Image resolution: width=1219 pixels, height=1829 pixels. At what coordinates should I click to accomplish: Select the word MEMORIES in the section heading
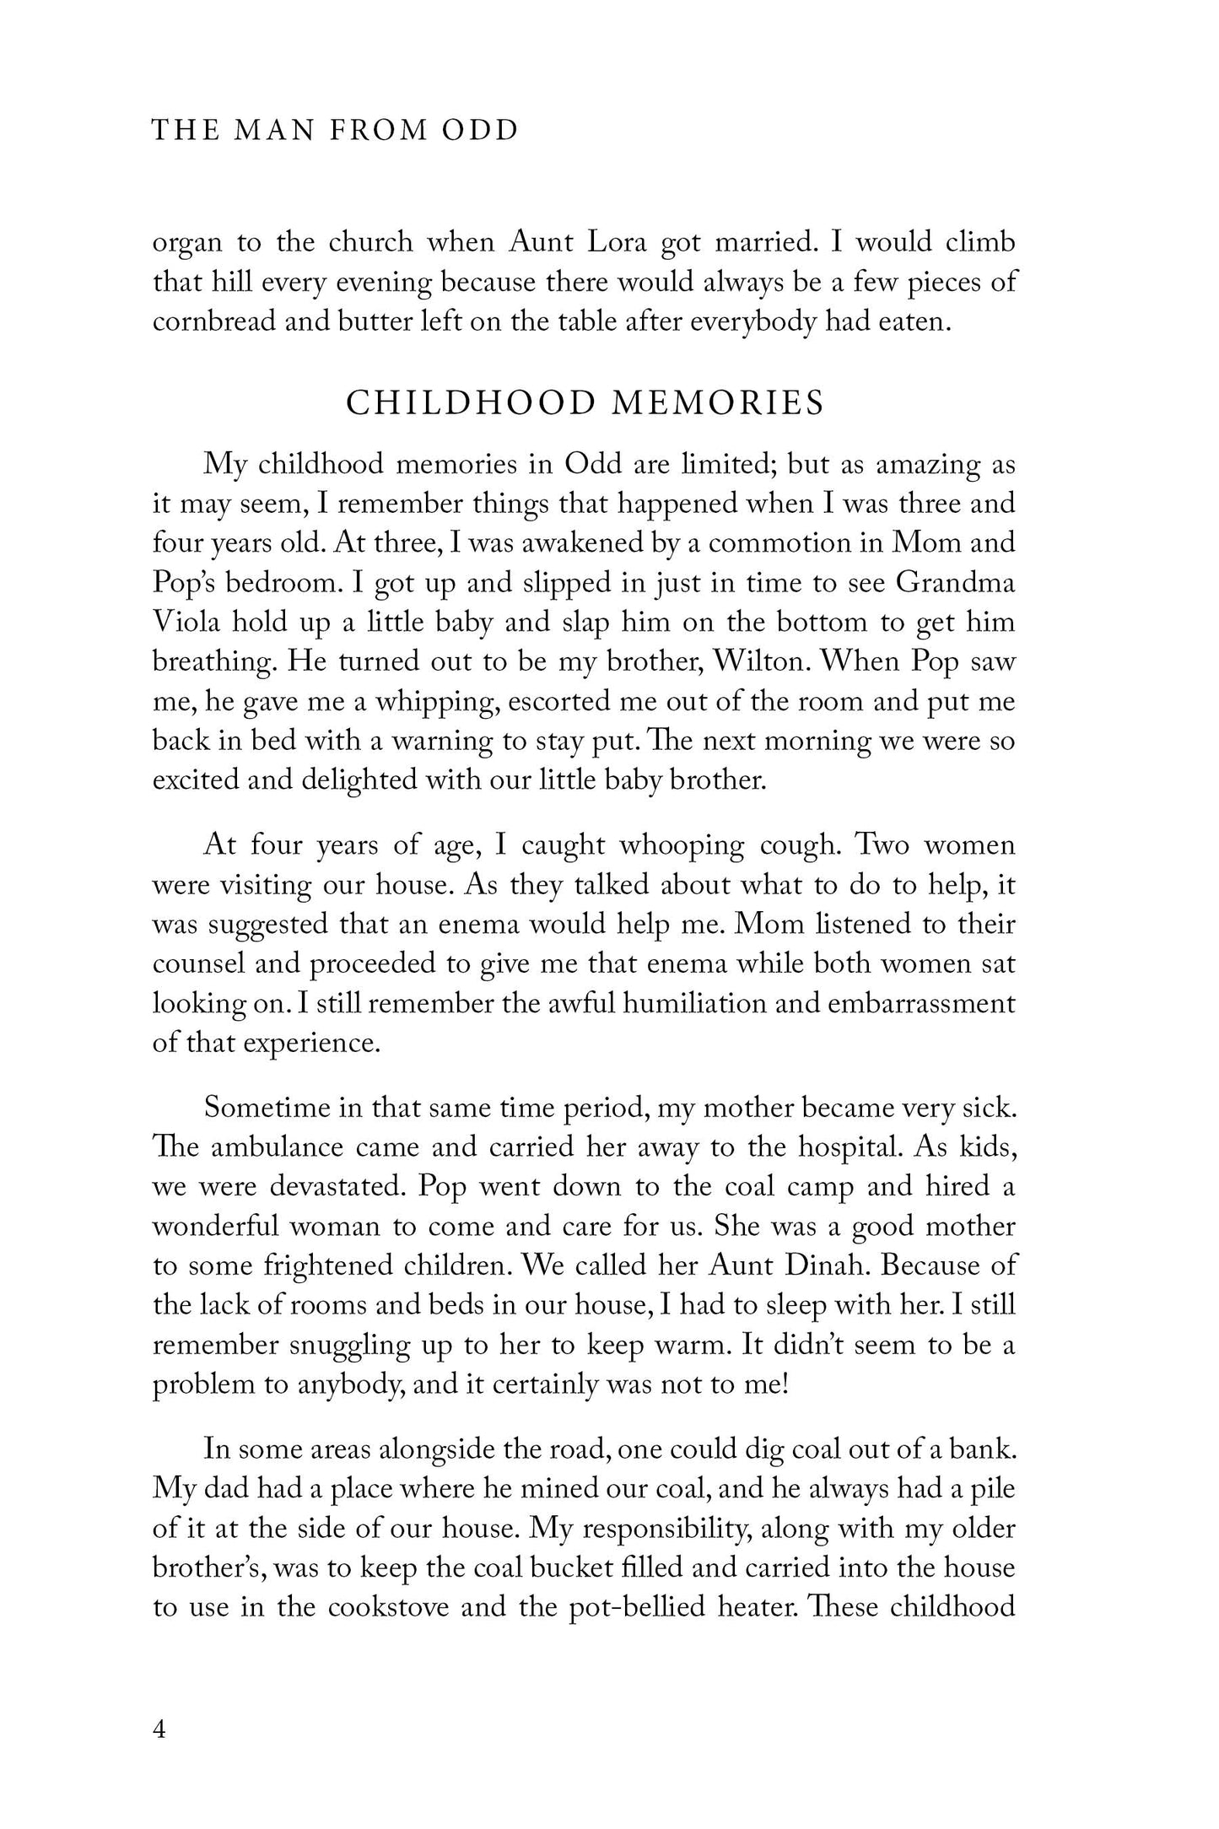(717, 403)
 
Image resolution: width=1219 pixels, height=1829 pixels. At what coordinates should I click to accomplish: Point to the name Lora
(613, 242)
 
